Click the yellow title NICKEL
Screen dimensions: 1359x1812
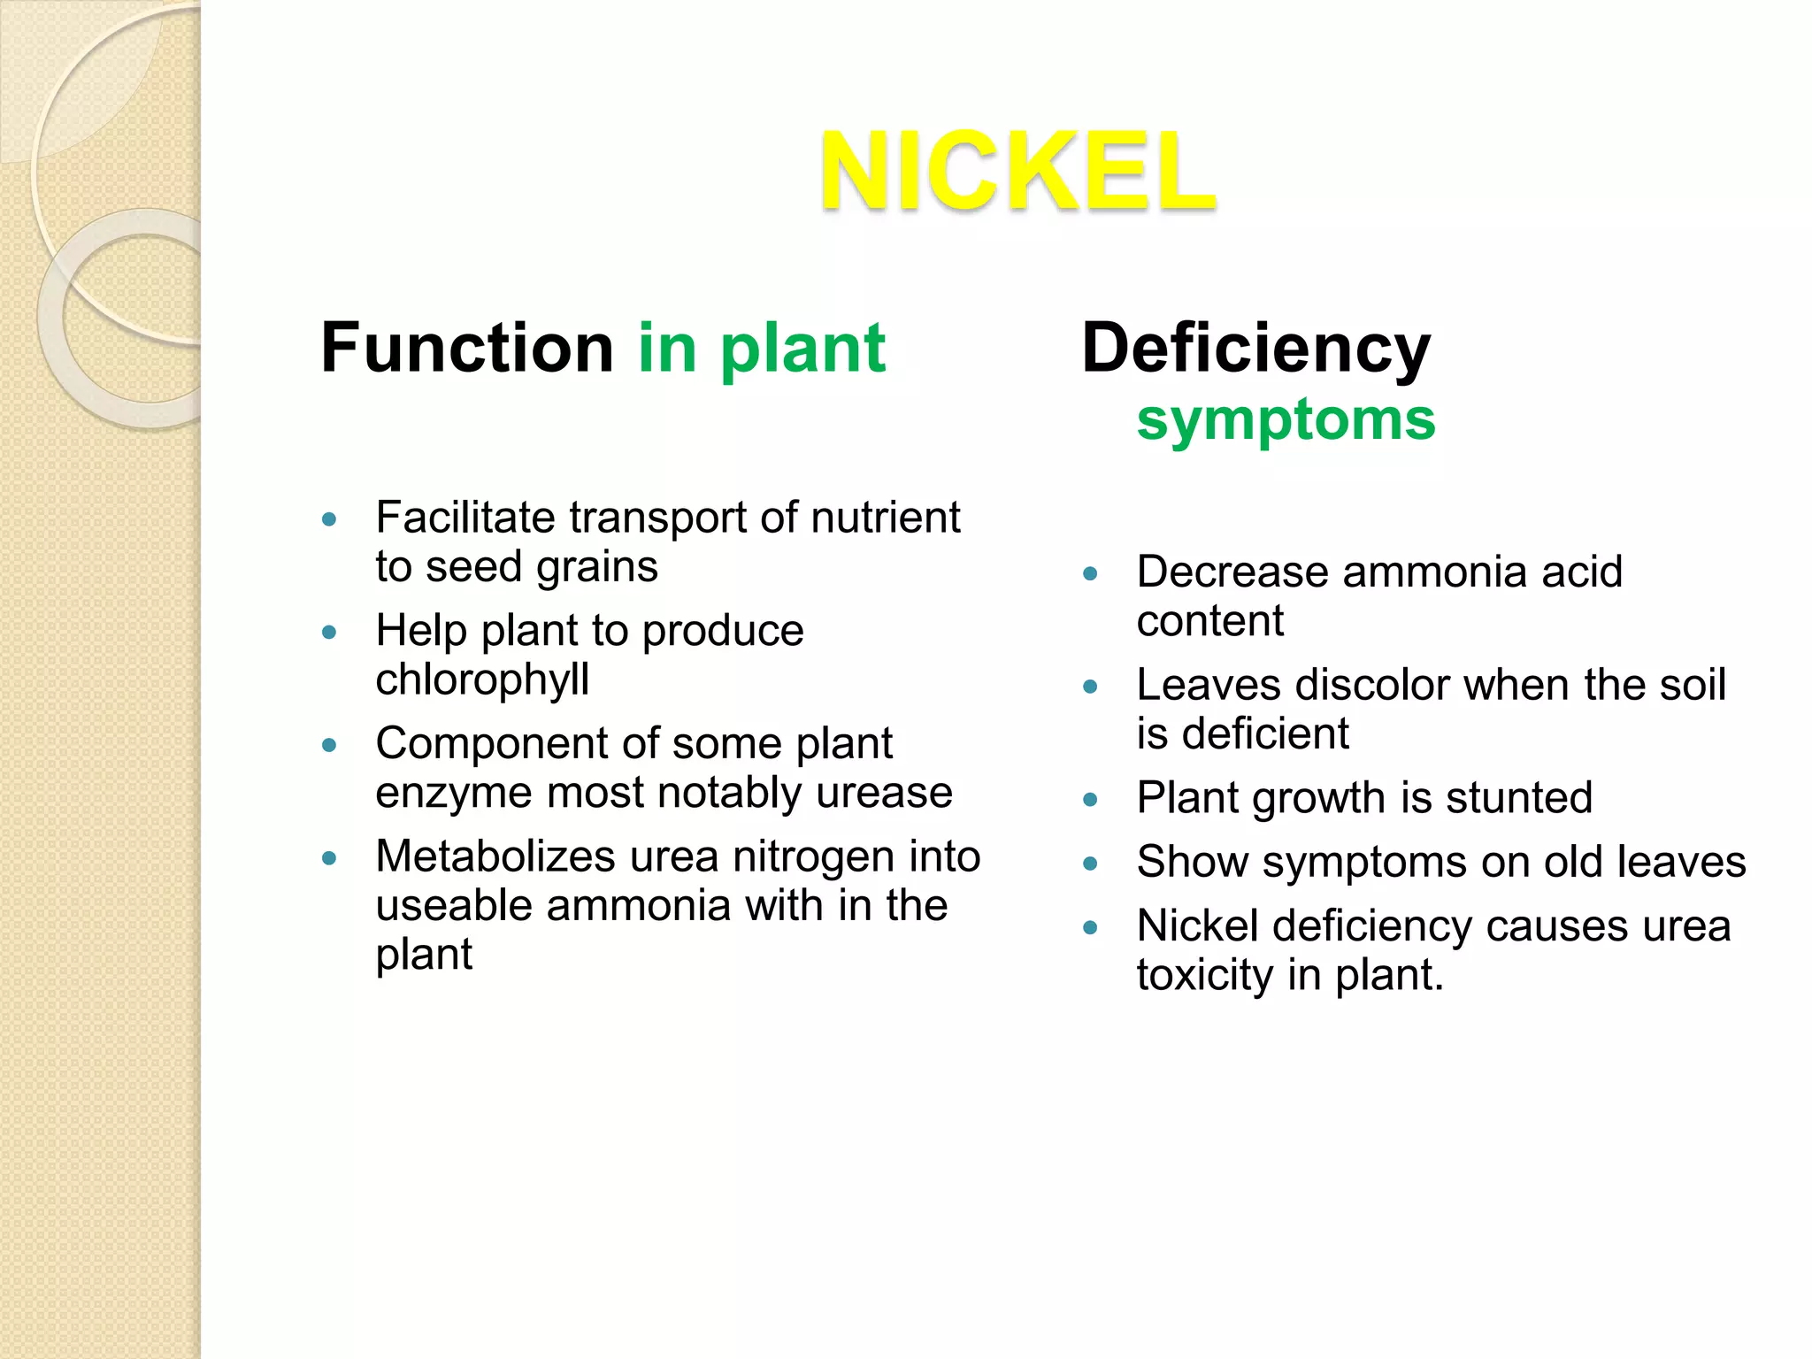coord(1017,171)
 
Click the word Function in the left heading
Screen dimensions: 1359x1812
coord(467,348)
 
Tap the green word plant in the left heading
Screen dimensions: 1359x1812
coord(802,349)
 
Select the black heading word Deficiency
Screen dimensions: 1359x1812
coord(1255,349)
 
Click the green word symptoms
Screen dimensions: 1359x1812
coord(1286,419)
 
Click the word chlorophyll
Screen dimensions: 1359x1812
coord(482,679)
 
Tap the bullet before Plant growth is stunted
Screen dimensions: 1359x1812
coord(1090,800)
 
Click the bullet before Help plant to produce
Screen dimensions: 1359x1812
coord(329,633)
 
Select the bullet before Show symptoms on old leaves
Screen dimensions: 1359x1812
coord(1090,864)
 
